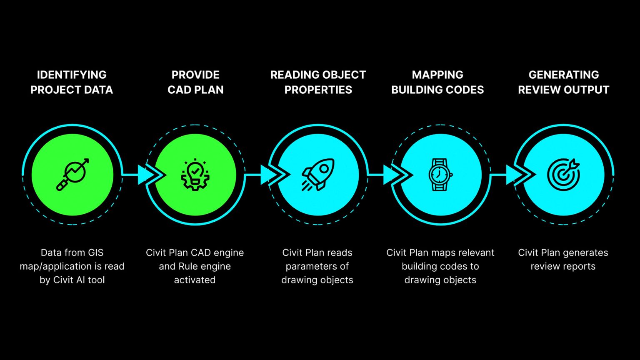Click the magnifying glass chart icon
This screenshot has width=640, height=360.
(x=72, y=175)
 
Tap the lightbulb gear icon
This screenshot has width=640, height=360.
(x=195, y=175)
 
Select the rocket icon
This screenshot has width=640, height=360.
(x=318, y=175)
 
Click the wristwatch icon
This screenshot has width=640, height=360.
(x=440, y=175)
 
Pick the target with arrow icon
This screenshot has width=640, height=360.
(x=563, y=175)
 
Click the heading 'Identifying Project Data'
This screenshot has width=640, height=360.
(x=72, y=82)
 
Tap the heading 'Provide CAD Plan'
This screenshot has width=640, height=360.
(x=195, y=82)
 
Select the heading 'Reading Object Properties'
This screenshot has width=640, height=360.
(x=318, y=82)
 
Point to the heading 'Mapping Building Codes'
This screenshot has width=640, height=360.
(x=437, y=82)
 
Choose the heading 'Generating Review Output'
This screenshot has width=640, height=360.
(x=563, y=82)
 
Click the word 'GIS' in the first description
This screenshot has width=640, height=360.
(x=95, y=252)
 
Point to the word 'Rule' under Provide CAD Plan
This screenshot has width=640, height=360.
(x=187, y=266)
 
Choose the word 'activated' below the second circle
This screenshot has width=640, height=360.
(x=195, y=280)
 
